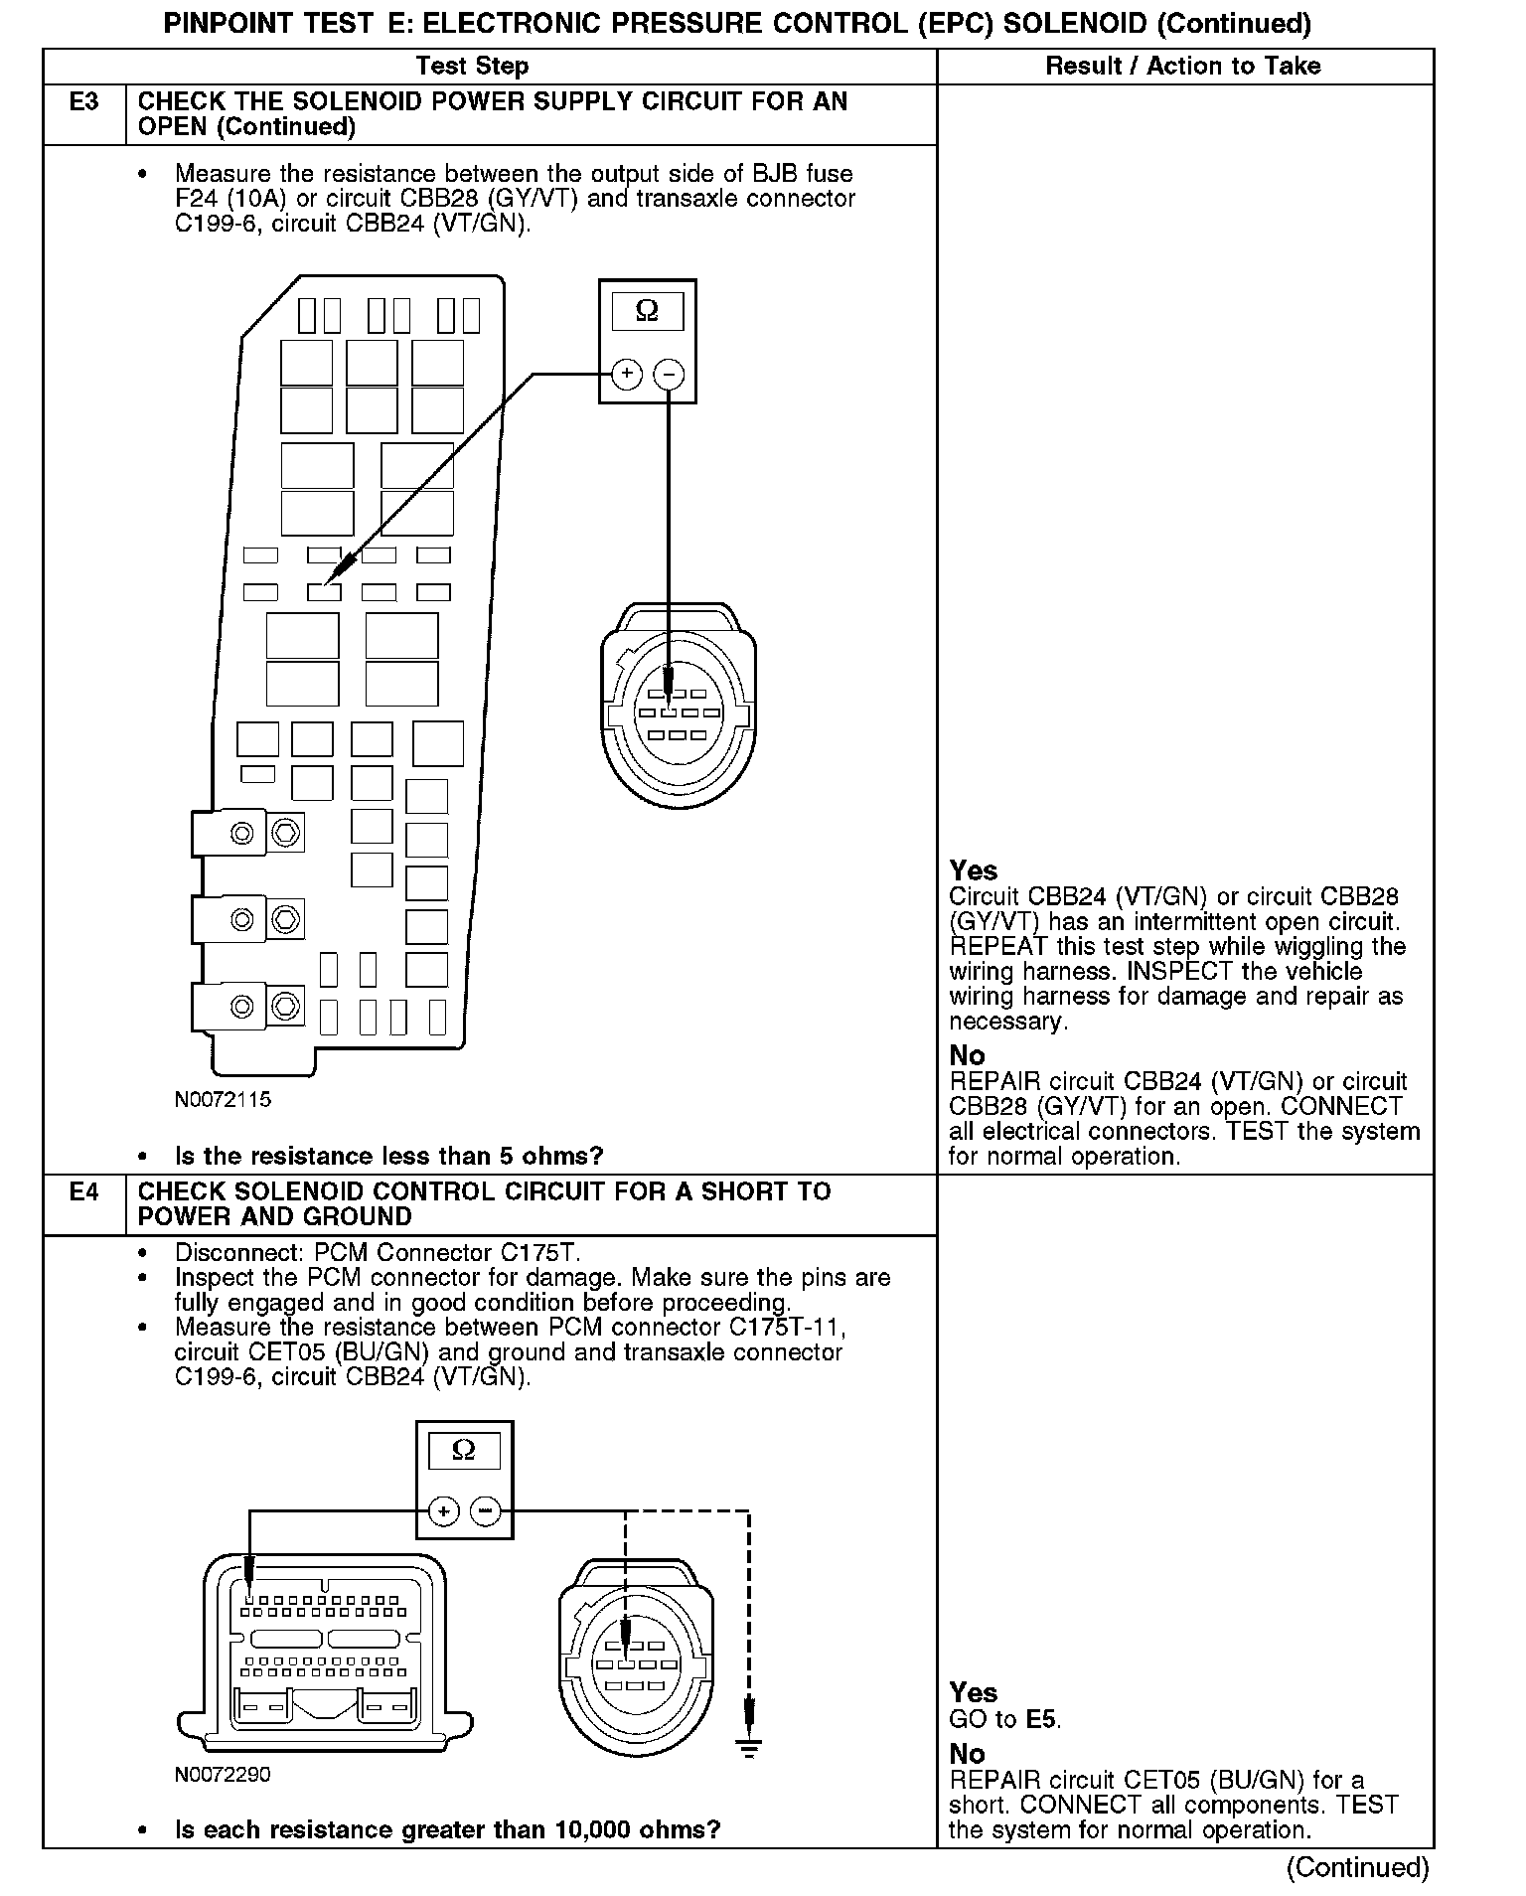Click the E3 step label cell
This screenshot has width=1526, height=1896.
pos(84,102)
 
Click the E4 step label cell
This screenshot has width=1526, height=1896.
pos(84,1191)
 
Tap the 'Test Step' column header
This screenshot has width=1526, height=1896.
pos(472,67)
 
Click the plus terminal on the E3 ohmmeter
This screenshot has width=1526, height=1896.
pos(626,375)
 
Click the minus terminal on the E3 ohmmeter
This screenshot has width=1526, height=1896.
pos(670,375)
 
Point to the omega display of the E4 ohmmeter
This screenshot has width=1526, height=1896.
pos(464,1451)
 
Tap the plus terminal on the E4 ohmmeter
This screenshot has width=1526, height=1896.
pos(443,1512)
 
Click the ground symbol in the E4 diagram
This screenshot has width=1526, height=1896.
pos(750,1748)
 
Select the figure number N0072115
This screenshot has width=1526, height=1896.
pos(223,1100)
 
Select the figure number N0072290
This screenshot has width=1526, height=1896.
pos(223,1775)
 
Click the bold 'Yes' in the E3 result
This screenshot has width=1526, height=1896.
pos(973,871)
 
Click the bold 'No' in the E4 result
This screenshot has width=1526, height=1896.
pos(967,1754)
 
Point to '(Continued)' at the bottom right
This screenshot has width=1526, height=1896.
pos(1357,1868)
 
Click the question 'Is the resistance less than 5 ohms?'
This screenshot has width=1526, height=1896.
pos(388,1157)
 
